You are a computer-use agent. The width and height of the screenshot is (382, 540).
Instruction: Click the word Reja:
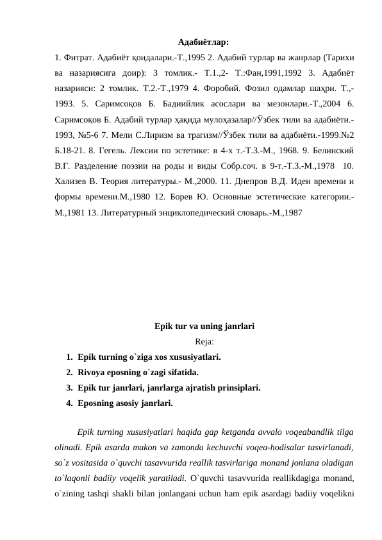pos(204,341)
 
